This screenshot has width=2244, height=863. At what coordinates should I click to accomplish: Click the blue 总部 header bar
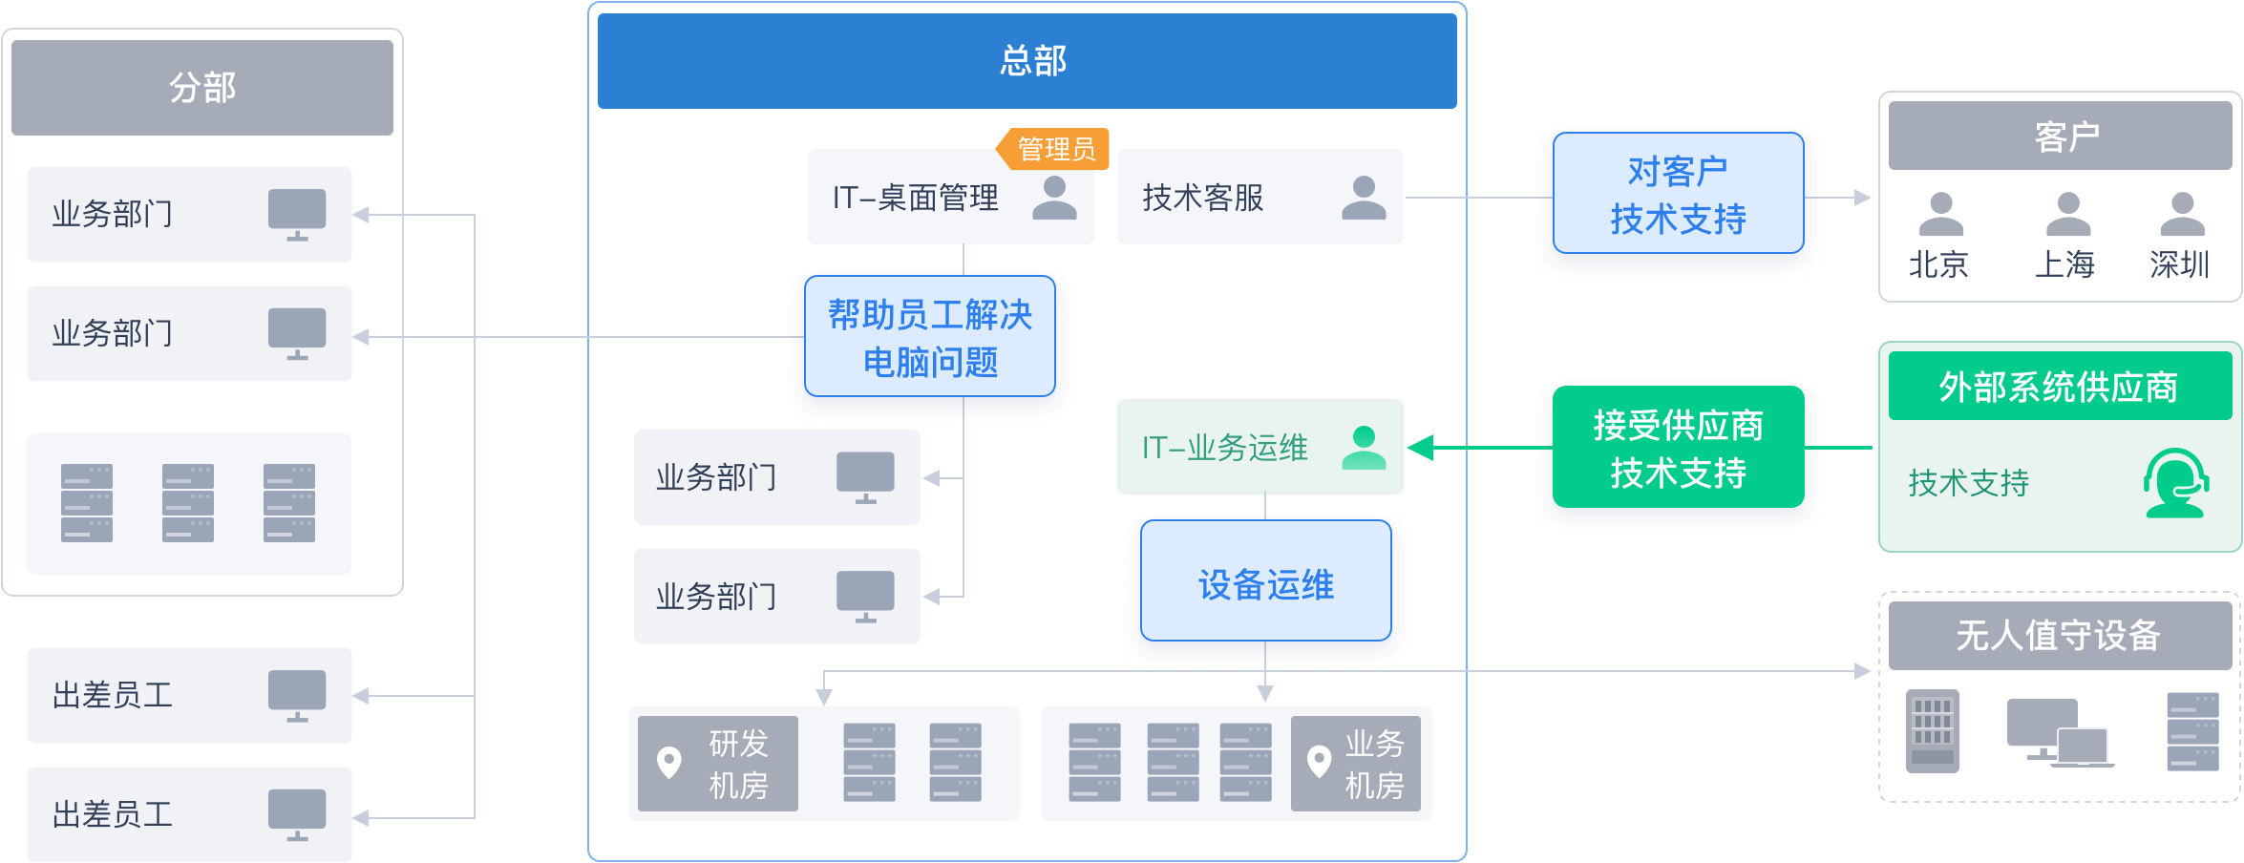[x=1027, y=61]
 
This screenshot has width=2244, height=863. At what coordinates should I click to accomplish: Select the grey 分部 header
[x=202, y=88]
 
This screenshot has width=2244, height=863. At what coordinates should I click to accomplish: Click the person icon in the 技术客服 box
[x=1364, y=199]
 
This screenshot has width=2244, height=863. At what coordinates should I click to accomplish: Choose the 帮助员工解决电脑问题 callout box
[x=930, y=338]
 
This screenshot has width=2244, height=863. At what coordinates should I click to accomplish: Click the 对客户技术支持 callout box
[x=1678, y=196]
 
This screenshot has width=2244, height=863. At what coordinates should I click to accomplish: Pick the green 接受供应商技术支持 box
[x=1678, y=449]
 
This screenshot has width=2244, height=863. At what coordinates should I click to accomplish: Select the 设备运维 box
[x=1265, y=584]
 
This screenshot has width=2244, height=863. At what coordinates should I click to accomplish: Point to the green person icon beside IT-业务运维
[x=1364, y=448]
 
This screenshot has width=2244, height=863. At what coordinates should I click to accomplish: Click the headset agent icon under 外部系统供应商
[x=2175, y=483]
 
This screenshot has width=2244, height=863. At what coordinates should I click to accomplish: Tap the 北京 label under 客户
[x=1938, y=264]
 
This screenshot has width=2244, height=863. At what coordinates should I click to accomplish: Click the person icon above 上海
[x=2067, y=214]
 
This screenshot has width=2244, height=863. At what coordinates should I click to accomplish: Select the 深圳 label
[x=2179, y=264]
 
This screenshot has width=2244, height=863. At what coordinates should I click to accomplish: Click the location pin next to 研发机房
[x=669, y=762]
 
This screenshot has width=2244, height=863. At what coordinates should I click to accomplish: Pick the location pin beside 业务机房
[x=1319, y=762]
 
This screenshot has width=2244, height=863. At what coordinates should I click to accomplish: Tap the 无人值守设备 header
[x=2059, y=636]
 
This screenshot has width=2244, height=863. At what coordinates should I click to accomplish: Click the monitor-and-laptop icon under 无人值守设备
[x=2059, y=733]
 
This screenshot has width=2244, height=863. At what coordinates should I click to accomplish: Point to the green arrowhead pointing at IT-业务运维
[x=1421, y=448]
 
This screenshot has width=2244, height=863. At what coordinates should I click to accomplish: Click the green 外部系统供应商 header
[x=2059, y=387]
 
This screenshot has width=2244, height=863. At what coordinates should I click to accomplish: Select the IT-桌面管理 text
[x=915, y=199]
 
